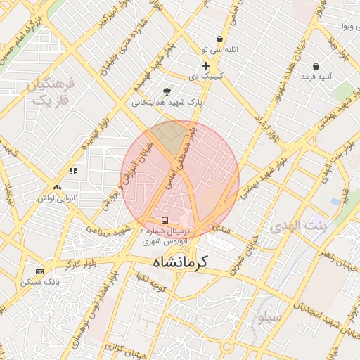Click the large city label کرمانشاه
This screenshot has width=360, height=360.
click(180, 262)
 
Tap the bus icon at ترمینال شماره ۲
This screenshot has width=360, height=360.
click(165, 220)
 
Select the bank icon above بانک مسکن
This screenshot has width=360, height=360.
click(39, 271)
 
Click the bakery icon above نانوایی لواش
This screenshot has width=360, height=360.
click(57, 188)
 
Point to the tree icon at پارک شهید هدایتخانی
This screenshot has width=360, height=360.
click(167, 91)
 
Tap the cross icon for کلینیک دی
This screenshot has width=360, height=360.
click(205, 65)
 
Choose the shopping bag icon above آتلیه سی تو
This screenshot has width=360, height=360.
click(220, 39)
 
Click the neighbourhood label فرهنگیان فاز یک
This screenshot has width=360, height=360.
click(50, 92)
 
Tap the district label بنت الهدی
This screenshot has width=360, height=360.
click(299, 226)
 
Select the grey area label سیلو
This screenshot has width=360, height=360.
click(269, 317)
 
